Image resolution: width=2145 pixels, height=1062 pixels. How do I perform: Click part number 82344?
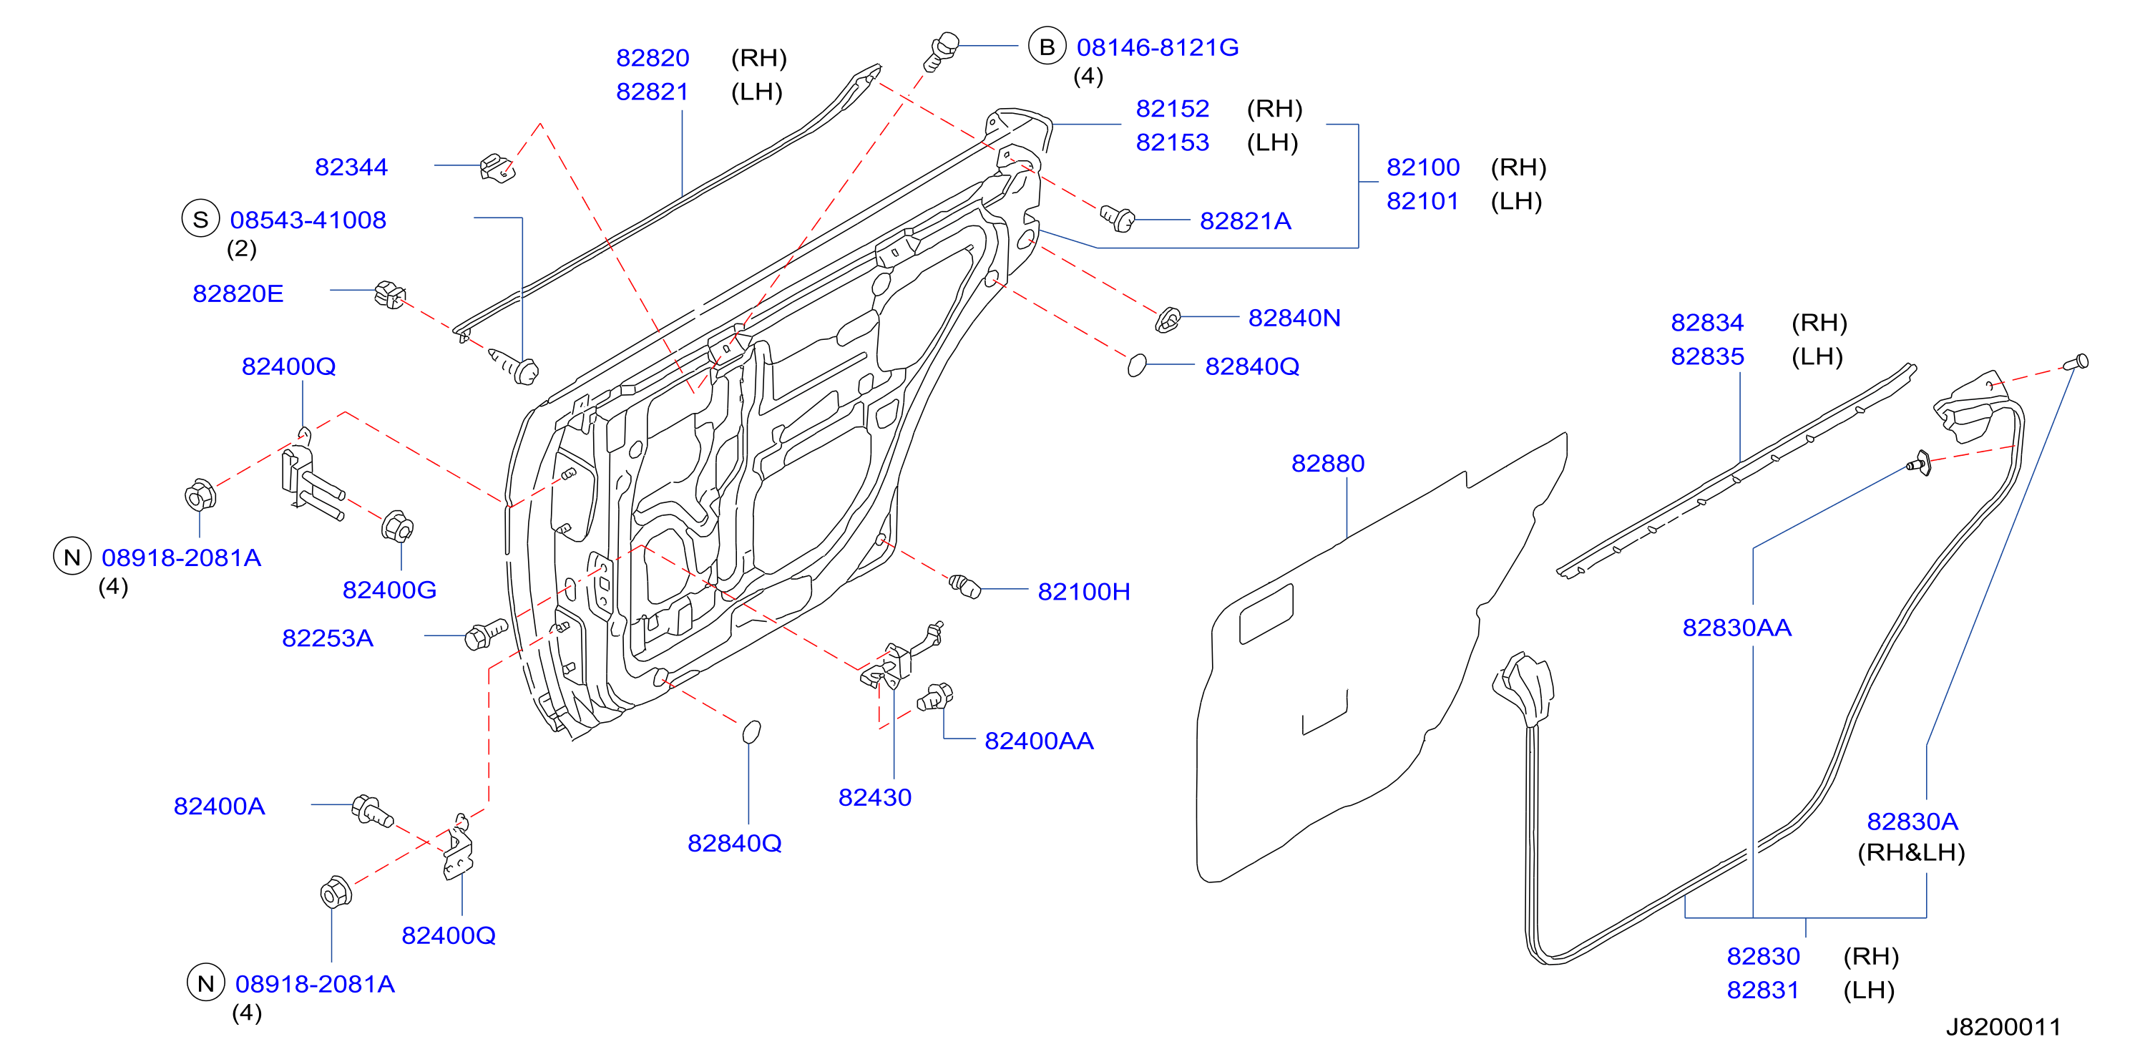[x=351, y=167]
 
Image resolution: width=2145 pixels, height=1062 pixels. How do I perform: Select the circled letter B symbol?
[x=1047, y=47]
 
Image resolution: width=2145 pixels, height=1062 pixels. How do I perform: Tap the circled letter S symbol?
[x=200, y=219]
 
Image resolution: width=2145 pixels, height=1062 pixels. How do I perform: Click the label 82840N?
[x=1294, y=318]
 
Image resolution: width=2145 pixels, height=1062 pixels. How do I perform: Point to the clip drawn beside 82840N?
[x=1168, y=319]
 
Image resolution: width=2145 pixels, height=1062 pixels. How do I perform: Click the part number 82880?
[x=1327, y=464]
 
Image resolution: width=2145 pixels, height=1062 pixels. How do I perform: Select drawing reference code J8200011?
[x=2003, y=1027]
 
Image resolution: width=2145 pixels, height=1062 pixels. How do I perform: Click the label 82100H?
[x=1083, y=593]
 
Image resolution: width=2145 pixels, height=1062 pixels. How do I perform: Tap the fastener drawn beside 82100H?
[x=965, y=585]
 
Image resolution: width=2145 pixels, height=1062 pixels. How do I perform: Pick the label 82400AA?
[x=1038, y=741]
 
